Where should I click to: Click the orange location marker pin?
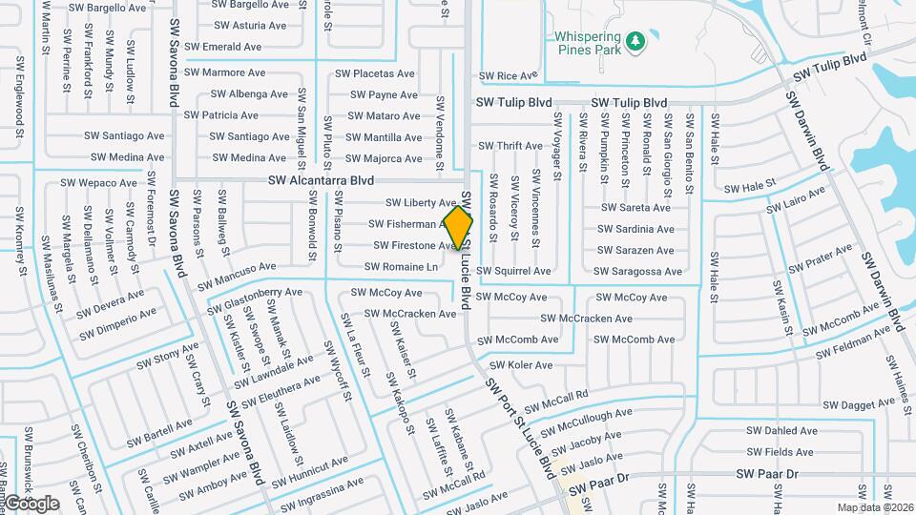click(459, 227)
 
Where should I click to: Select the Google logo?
click(31, 504)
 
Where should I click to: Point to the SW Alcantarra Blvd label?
click(320, 180)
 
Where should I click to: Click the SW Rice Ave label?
click(509, 75)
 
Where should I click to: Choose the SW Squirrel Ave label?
click(514, 271)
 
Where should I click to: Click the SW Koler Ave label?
click(521, 365)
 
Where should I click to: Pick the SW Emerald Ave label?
click(222, 46)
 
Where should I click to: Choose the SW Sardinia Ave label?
click(635, 229)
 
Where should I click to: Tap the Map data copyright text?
click(875, 507)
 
